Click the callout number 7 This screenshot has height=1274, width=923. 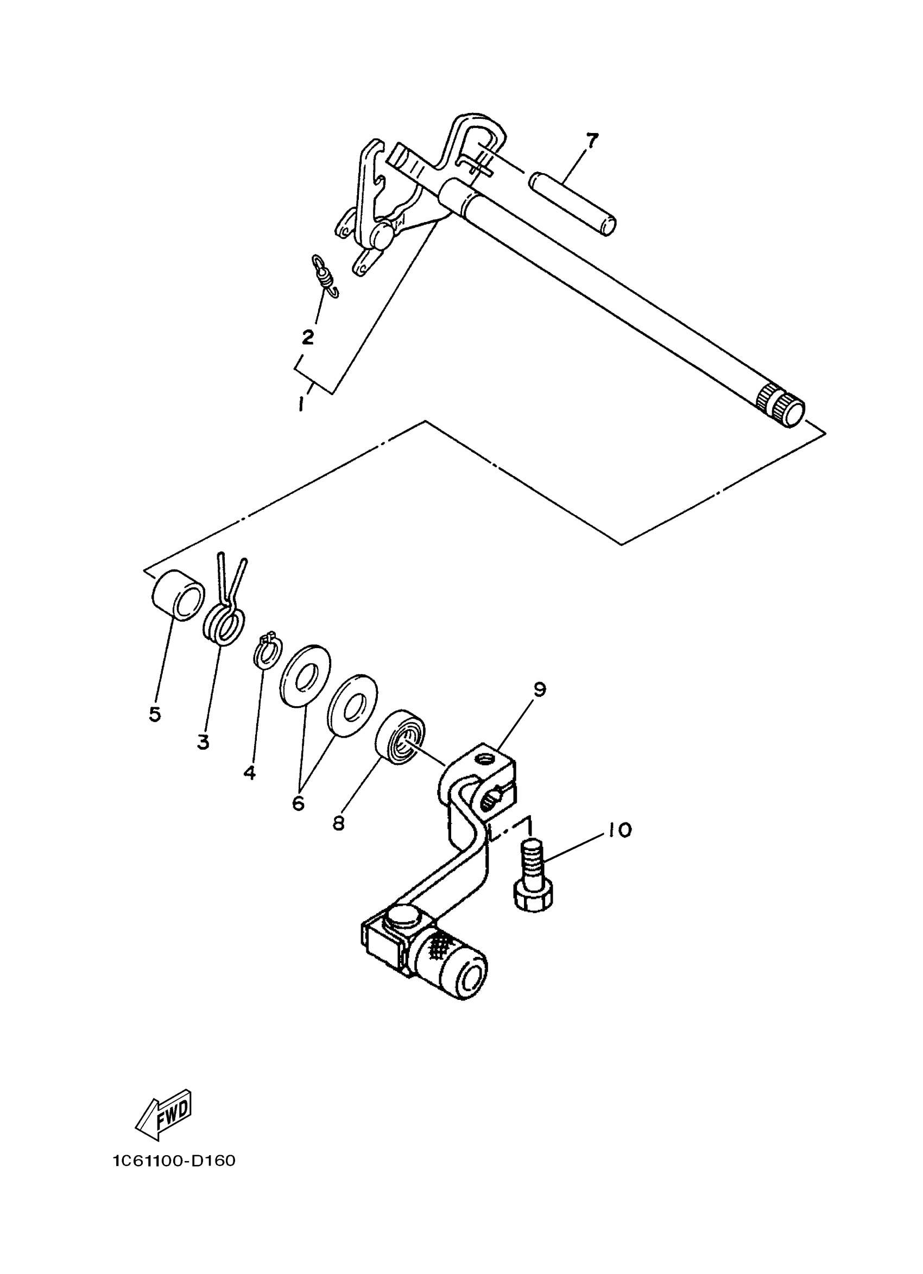[592, 140]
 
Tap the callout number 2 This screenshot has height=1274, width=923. [307, 337]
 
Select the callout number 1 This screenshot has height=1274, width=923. [302, 403]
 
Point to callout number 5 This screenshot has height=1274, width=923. [155, 714]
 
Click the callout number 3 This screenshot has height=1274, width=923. [203, 741]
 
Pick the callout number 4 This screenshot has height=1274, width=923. [249, 772]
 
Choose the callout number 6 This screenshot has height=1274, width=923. [298, 803]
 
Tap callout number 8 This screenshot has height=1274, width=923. [338, 824]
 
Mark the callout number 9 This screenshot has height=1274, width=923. [539, 689]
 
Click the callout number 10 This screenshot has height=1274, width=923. [619, 829]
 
